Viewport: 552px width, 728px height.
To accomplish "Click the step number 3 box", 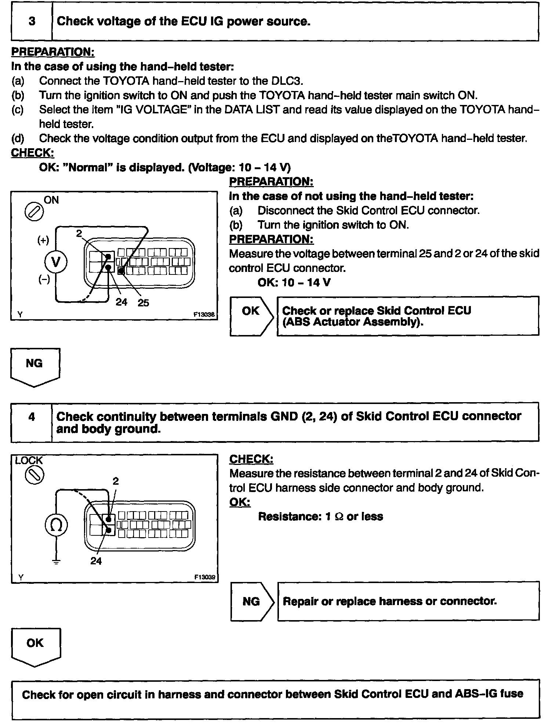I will coord(32,22).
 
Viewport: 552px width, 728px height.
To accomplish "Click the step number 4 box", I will coord(32,417).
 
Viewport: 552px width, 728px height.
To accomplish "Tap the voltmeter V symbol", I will coord(56,262).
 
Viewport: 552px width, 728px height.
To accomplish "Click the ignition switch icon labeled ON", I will coord(34,212).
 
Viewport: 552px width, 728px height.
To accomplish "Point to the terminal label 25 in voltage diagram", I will coord(143,303).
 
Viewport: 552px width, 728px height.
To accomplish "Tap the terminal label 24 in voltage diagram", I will coord(121,302).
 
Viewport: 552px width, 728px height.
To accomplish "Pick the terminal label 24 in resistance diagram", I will coord(96,561).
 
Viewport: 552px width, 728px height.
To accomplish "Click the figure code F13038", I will coord(204,314).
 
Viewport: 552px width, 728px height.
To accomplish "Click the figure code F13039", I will coord(204,577).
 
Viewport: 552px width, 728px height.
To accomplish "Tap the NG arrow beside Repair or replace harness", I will coord(252,601).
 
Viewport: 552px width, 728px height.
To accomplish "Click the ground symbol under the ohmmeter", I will coord(56,562).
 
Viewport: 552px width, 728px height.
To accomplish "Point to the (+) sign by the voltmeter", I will coord(43,240).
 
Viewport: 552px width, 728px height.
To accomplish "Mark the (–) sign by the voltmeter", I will coord(44,280).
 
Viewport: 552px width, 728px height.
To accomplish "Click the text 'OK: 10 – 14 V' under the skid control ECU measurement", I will coord(294,283).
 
